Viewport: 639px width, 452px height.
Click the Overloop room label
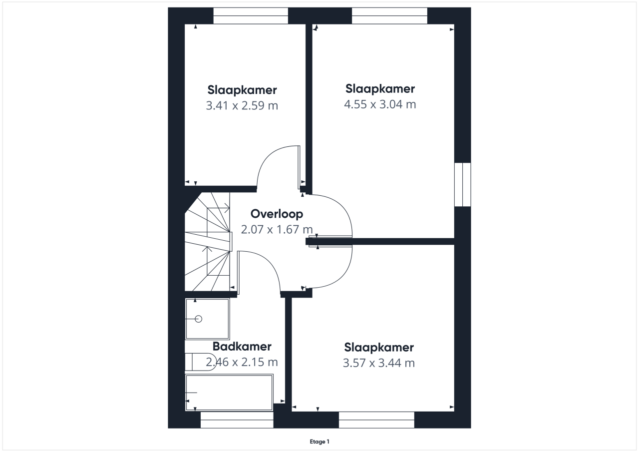point(277,214)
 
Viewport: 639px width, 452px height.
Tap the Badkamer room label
point(242,347)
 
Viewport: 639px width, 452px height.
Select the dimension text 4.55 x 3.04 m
point(380,104)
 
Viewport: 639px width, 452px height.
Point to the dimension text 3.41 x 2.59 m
point(242,105)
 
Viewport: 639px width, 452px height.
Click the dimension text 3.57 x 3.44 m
point(379,363)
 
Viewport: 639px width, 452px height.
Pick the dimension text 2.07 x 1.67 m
point(277,229)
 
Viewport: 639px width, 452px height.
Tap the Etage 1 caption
point(319,442)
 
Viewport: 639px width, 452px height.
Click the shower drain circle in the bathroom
point(199,319)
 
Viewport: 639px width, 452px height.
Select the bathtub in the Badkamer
point(229,393)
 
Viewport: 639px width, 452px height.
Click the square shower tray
point(207,319)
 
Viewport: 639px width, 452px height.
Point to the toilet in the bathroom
point(200,362)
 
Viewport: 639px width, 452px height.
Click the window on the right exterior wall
point(462,185)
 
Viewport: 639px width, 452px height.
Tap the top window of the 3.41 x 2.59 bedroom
point(251,15)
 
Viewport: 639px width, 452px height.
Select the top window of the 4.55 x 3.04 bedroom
point(390,15)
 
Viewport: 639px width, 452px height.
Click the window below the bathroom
point(237,420)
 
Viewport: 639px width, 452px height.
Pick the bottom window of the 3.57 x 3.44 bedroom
point(376,420)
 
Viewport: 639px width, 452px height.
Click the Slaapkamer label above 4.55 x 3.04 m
point(380,89)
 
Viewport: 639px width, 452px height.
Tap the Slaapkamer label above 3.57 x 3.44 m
point(379,348)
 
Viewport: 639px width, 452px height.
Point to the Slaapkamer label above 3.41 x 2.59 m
point(242,90)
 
